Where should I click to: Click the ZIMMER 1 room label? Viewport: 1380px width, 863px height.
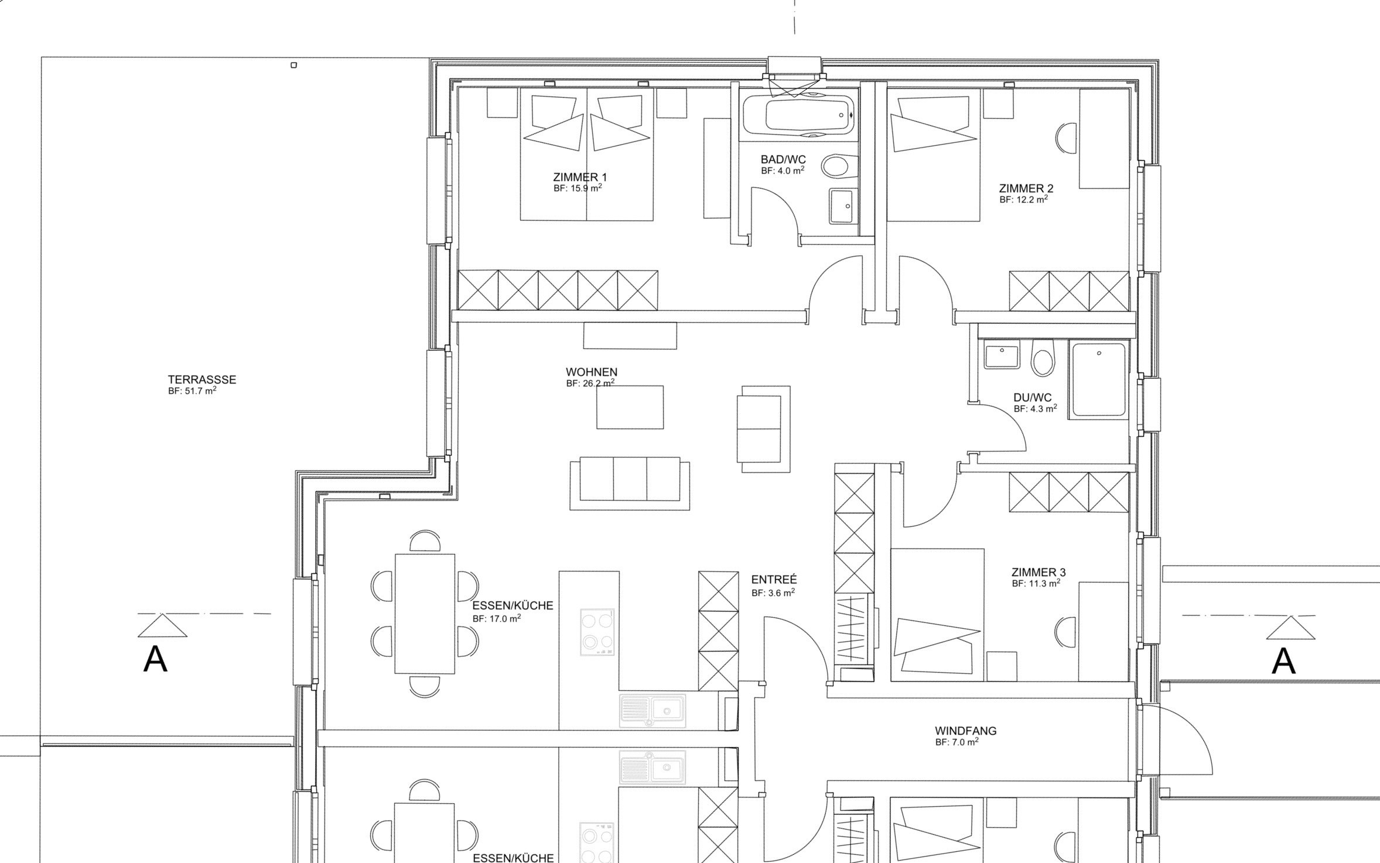580,177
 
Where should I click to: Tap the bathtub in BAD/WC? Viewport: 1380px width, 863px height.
798,115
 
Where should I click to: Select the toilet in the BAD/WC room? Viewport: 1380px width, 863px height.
838,166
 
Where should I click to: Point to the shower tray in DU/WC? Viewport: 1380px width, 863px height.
1099,381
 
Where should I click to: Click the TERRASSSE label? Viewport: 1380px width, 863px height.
202,379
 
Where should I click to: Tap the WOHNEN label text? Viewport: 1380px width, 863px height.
592,372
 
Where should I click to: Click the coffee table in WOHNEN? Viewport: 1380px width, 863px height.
630,407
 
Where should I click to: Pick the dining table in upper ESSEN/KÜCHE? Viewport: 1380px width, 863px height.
425,614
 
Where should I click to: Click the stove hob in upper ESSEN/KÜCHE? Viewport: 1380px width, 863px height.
597,632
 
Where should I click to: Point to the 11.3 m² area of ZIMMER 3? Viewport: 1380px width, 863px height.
1036,583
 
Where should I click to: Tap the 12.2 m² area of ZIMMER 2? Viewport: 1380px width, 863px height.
1023,199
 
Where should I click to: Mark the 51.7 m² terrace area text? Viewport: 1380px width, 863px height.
192,391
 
